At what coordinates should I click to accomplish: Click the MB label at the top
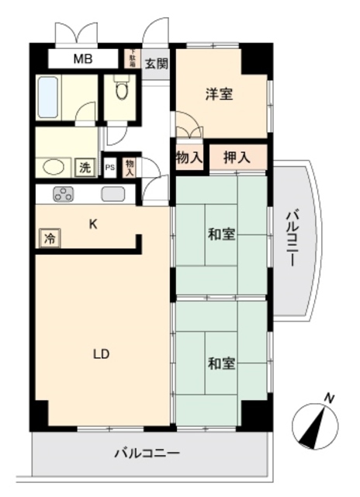(82, 59)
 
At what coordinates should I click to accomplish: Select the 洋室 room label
(219, 95)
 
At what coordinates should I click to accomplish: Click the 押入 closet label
(237, 158)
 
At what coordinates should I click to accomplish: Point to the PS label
(109, 167)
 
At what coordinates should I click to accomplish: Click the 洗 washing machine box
(84, 166)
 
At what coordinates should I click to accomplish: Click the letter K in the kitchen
(92, 225)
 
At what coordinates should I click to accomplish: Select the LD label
(101, 354)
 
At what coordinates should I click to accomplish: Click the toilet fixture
(120, 92)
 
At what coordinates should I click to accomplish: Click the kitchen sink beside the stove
(113, 195)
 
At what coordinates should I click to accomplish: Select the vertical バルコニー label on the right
(292, 238)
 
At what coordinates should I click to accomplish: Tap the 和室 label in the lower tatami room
(221, 363)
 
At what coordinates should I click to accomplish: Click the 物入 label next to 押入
(189, 158)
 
